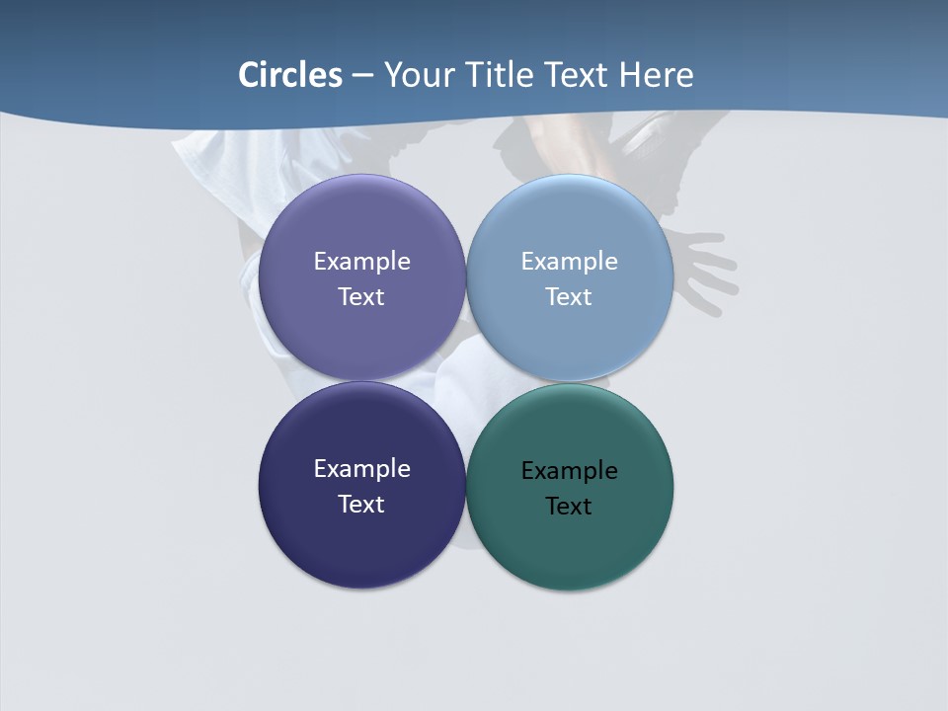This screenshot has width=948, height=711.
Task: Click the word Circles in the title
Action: coord(290,75)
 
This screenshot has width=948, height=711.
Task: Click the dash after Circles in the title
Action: coord(362,76)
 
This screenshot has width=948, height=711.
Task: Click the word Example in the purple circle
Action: coord(361,262)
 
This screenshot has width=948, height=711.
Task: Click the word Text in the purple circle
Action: coord(361,296)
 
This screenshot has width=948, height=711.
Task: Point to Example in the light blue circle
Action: coord(569,262)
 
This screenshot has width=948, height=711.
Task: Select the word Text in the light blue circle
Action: coord(569,296)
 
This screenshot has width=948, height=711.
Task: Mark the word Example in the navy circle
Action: coord(361,469)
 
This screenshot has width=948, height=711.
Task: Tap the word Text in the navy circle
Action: coord(361,504)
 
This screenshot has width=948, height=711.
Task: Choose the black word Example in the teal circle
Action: coord(569,471)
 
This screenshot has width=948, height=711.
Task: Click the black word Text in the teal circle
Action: coord(569,506)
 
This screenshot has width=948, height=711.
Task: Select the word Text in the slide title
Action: coord(577,75)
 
